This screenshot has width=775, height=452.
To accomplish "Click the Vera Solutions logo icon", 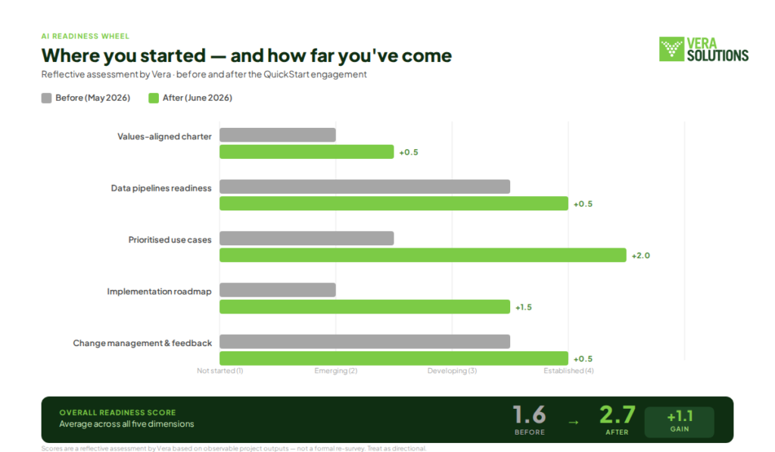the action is point(671,49).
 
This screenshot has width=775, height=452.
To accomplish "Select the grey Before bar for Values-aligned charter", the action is point(278,135).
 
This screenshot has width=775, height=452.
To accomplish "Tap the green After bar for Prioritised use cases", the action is point(423,255).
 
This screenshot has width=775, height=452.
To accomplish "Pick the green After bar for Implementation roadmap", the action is point(365,307).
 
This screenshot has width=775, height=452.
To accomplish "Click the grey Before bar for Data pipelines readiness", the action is point(365,186).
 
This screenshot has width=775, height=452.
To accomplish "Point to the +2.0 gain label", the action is point(640,256).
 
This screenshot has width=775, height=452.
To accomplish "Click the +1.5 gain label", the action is point(524,307).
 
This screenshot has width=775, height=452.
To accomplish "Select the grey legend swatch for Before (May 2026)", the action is point(46,98).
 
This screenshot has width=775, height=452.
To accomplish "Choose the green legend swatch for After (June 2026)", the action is point(154,98).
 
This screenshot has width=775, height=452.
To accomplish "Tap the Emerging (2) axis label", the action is point(335,370).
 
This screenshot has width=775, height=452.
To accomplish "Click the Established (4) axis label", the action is point(568,370).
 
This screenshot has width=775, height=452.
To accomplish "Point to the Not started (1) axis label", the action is point(220,370).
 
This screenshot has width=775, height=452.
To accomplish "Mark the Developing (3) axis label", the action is point(453,370).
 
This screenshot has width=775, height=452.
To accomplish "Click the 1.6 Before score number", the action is point(529,415).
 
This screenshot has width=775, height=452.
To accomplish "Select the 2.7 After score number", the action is point(618,415).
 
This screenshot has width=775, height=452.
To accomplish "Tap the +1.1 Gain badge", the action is point(680,422).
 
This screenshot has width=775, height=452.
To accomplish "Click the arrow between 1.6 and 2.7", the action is point(574,422).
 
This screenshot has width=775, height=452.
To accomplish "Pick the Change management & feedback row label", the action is point(142,343).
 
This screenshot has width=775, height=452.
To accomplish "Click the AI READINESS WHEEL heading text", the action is point(85,36).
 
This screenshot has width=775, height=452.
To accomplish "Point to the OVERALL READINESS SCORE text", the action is point(117,413).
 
